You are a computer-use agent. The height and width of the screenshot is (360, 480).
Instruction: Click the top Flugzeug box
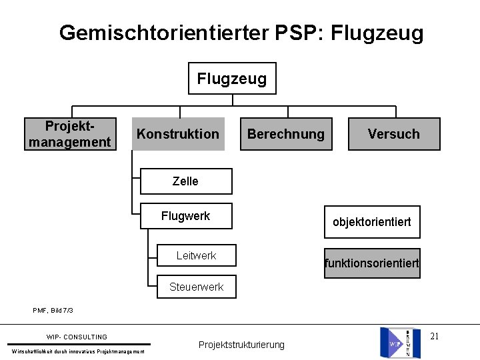tap(231, 79)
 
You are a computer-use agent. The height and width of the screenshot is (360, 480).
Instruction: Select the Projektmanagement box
tap(69, 134)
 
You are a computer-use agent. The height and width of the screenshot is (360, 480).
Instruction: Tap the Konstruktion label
tap(177, 134)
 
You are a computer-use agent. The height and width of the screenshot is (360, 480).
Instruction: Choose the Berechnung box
tap(285, 134)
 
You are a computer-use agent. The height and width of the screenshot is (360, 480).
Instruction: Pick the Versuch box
tap(393, 134)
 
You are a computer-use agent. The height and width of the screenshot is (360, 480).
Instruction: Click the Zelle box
tap(185, 181)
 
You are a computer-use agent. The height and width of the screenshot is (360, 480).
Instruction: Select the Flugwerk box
tap(185, 216)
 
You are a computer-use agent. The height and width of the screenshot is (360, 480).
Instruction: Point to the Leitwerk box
tap(196, 255)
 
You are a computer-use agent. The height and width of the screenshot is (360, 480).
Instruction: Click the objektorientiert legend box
tap(372, 222)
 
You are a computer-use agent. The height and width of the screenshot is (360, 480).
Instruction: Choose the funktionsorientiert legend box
tap(372, 263)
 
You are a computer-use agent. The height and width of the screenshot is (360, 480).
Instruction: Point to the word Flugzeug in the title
tap(377, 33)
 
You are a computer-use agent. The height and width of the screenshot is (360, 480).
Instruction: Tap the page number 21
tap(435, 336)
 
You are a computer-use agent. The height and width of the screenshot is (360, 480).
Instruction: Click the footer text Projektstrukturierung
tap(241, 345)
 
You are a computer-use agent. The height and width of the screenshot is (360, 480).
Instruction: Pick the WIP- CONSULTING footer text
tap(77, 337)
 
